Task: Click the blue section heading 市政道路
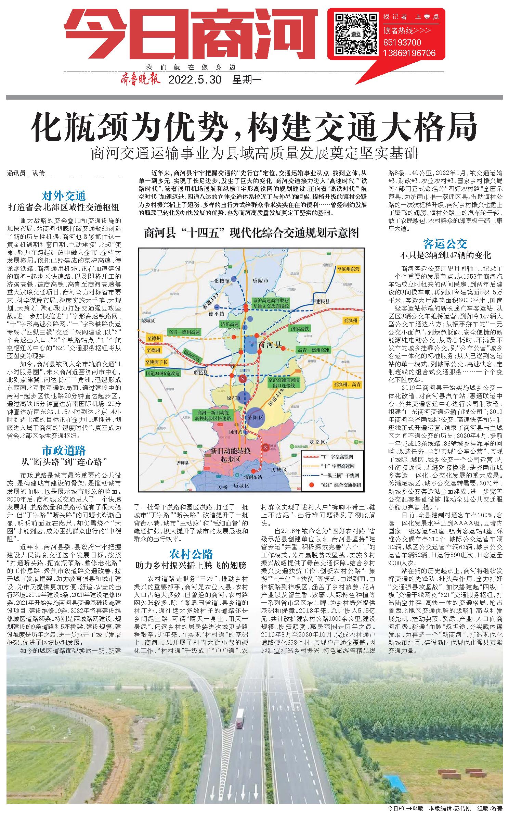[64, 451]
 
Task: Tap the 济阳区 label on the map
[257, 418]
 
